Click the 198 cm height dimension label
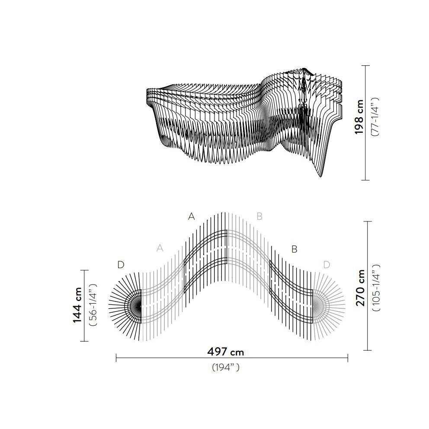point(359,117)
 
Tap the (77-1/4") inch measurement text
point(374,117)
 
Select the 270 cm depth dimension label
point(360,288)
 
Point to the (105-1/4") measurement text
point(376,288)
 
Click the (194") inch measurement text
point(226,367)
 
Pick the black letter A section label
point(191,216)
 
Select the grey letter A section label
point(160,248)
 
